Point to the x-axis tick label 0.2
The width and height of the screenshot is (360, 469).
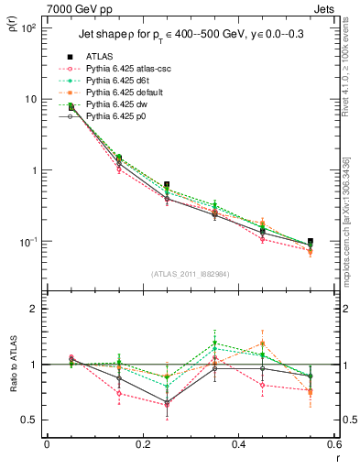tap(142, 443)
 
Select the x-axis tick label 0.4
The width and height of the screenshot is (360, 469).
tap(238, 443)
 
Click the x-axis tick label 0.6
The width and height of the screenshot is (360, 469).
tap(333, 443)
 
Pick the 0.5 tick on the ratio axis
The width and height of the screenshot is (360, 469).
tap(31, 420)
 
